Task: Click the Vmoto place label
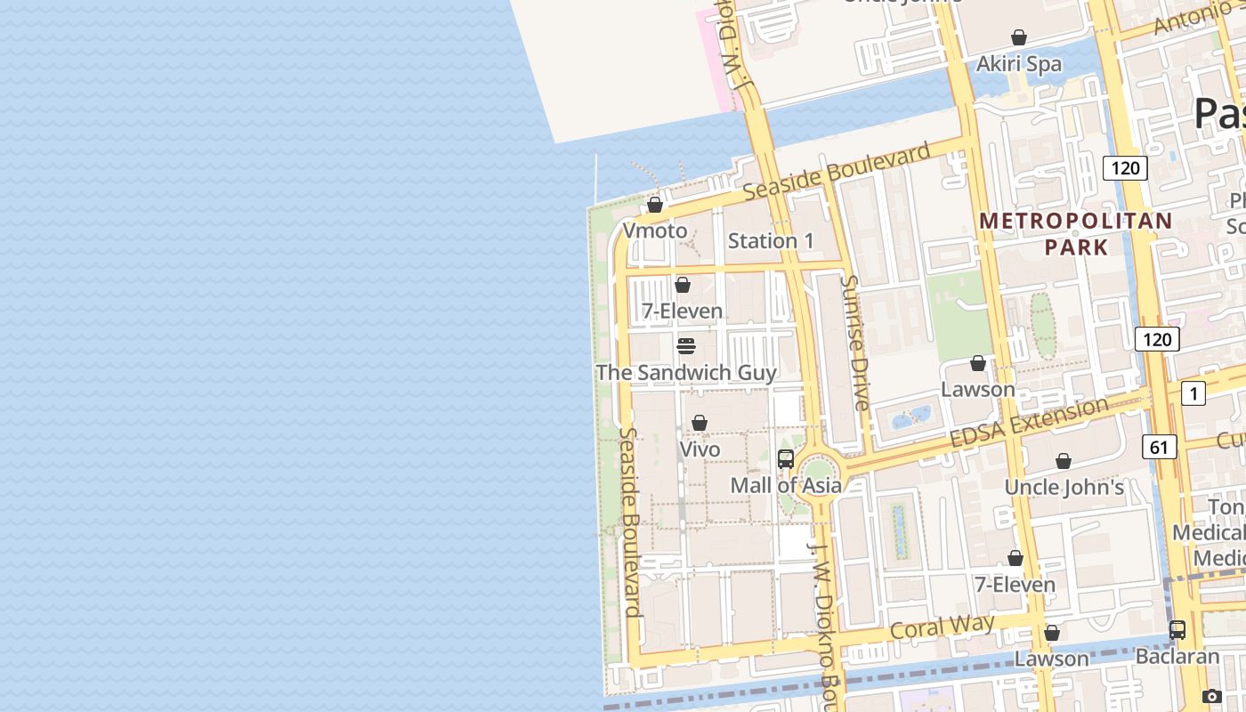tap(655, 231)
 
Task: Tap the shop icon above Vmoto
tap(655, 206)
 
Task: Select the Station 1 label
tap(771, 241)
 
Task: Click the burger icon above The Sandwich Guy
tap(686, 346)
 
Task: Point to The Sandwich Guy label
tap(686, 373)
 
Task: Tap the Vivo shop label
tap(700, 449)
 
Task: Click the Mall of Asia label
tap(786, 485)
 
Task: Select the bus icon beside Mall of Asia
tap(786, 459)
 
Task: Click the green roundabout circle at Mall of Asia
tap(816, 472)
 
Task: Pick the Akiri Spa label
tap(1019, 64)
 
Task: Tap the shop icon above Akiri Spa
tap(1019, 38)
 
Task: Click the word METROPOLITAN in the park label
tap(1076, 221)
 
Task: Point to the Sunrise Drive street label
tap(854, 343)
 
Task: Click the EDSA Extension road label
tap(1029, 423)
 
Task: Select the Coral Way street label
tap(943, 627)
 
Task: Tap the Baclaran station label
tap(1177, 657)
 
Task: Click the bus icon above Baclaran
tap(1177, 630)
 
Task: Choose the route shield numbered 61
tap(1159, 447)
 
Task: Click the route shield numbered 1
tap(1193, 392)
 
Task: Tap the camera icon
tap(1211, 697)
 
